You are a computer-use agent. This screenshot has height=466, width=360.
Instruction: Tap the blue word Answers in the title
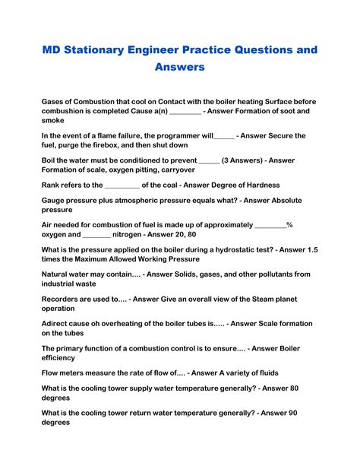(x=180, y=68)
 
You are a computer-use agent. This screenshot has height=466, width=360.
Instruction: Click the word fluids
(x=264, y=372)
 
